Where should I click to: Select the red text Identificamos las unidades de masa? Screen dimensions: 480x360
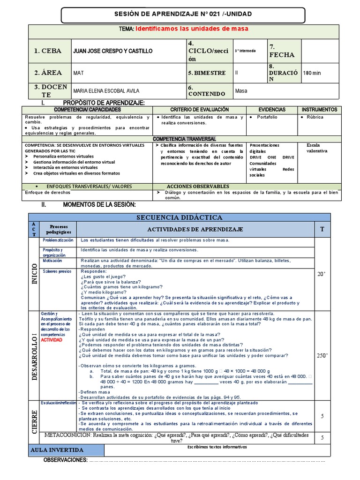192,29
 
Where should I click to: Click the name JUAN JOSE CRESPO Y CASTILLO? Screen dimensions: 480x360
110,51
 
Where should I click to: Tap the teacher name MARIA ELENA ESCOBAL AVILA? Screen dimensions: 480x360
106,91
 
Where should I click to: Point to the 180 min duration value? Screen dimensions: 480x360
313,73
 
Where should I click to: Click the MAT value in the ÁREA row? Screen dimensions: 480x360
78,73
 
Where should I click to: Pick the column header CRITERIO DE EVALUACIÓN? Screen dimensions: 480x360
199,109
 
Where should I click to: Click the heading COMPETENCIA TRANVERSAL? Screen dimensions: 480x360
184,139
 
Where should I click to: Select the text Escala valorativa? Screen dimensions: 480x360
317,148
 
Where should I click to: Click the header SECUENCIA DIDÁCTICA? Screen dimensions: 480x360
179,217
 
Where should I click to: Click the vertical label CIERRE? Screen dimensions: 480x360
34,415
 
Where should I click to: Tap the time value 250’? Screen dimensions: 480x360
322,356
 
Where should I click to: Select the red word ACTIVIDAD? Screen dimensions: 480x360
52,340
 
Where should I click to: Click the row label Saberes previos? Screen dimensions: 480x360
57,271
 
